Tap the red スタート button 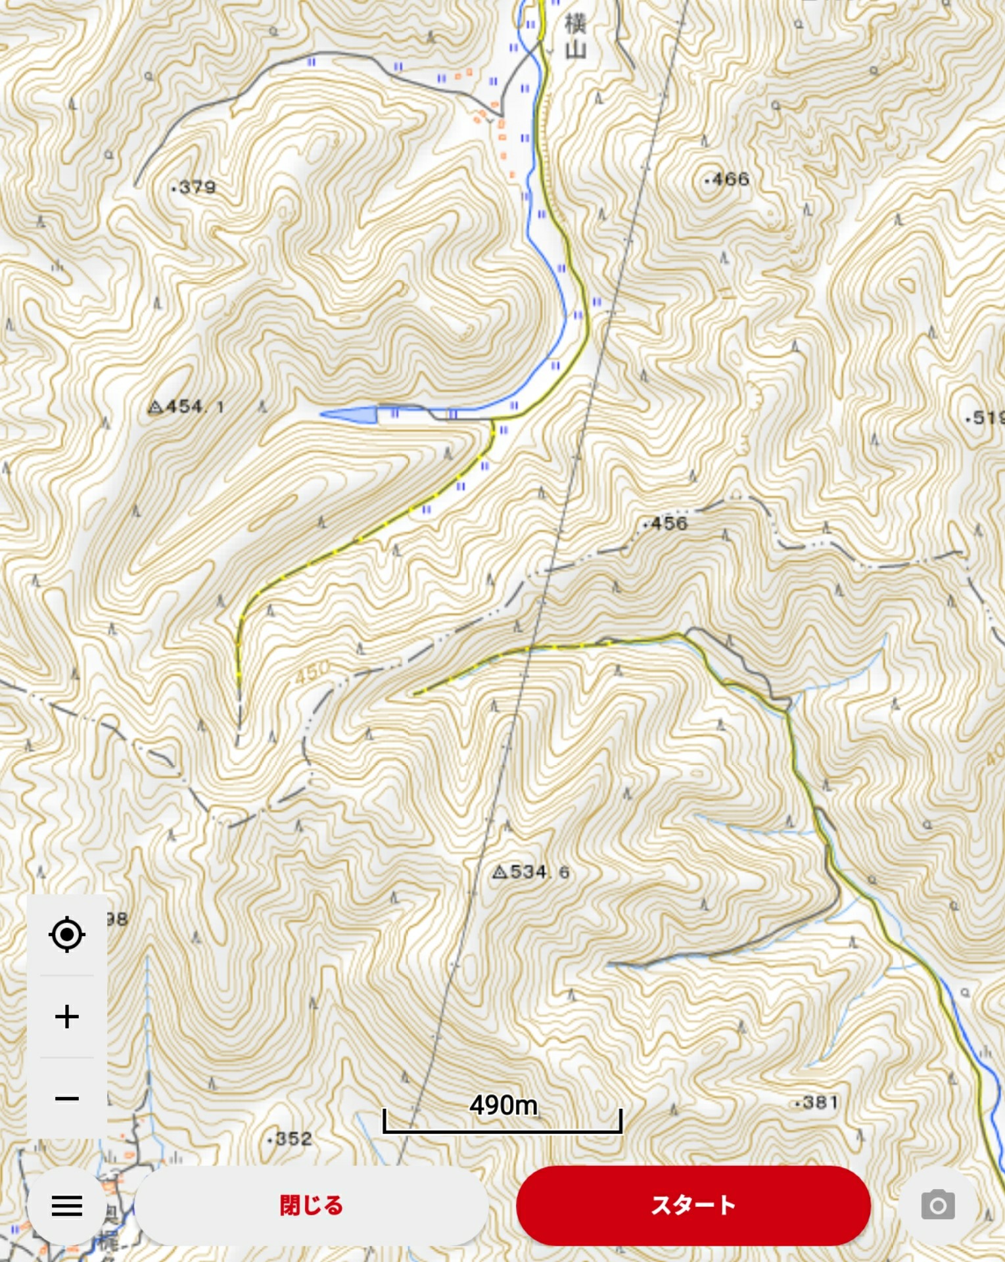tap(693, 1205)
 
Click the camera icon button tap(937, 1205)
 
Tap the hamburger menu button tap(66, 1205)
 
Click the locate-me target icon tap(67, 934)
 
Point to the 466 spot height tap(728, 179)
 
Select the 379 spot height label tap(195, 187)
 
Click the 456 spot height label tap(666, 524)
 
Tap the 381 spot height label tap(817, 1103)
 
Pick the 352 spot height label tap(291, 1139)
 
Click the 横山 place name tap(575, 37)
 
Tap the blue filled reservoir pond tap(352, 415)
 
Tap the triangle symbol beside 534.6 tap(500, 872)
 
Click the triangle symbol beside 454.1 tap(156, 408)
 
